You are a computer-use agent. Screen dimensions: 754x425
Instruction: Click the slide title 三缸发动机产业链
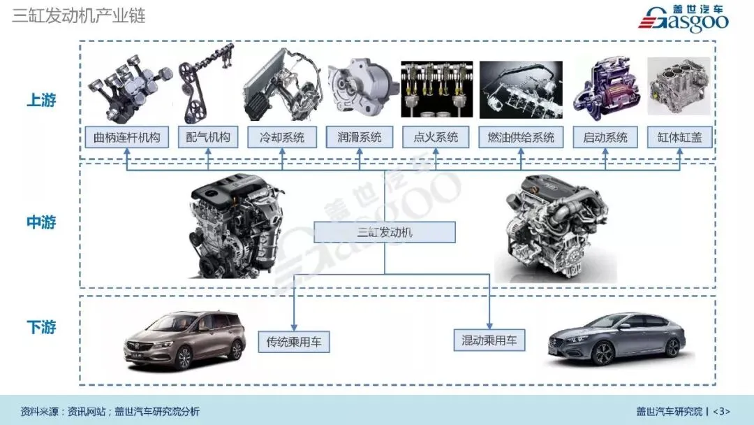[x=79, y=16]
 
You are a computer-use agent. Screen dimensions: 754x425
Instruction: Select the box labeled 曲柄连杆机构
[x=126, y=137]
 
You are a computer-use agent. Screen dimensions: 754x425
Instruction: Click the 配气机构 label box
[x=207, y=137]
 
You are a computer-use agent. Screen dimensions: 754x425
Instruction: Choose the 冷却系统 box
[x=281, y=137]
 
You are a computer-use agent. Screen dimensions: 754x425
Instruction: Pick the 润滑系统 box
[x=360, y=137]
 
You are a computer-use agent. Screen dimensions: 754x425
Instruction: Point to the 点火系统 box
[x=435, y=137]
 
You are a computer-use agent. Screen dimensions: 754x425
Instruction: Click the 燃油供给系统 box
[x=521, y=137]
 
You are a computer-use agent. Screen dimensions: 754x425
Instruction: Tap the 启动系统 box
[x=605, y=137]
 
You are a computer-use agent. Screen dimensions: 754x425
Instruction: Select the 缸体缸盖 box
[x=679, y=137]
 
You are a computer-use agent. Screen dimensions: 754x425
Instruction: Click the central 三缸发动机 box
[x=385, y=232]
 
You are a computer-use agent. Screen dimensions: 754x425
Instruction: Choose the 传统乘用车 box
[x=293, y=342]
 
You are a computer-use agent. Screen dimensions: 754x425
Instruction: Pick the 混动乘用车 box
[x=489, y=340]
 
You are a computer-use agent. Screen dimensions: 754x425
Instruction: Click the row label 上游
[x=41, y=101]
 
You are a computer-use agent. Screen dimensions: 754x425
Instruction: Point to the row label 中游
[x=41, y=223]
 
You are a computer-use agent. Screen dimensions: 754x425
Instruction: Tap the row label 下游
[x=41, y=327]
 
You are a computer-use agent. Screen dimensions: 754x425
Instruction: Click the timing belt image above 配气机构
[x=205, y=82]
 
